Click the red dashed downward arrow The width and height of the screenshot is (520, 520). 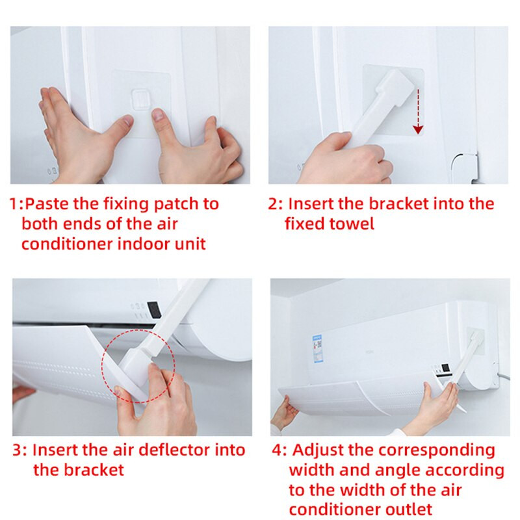click(418, 111)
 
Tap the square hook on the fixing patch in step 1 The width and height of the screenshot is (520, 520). click(142, 99)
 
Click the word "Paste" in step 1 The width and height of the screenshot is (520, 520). click(48, 203)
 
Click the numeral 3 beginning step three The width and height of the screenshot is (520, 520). click(18, 450)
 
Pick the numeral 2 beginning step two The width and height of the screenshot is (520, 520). click(273, 204)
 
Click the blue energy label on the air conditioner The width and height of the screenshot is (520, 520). click(318, 348)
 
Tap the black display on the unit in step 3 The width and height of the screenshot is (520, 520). click(154, 310)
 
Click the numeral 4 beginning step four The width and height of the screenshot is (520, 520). click(277, 450)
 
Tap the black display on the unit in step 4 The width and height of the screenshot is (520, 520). click(446, 367)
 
